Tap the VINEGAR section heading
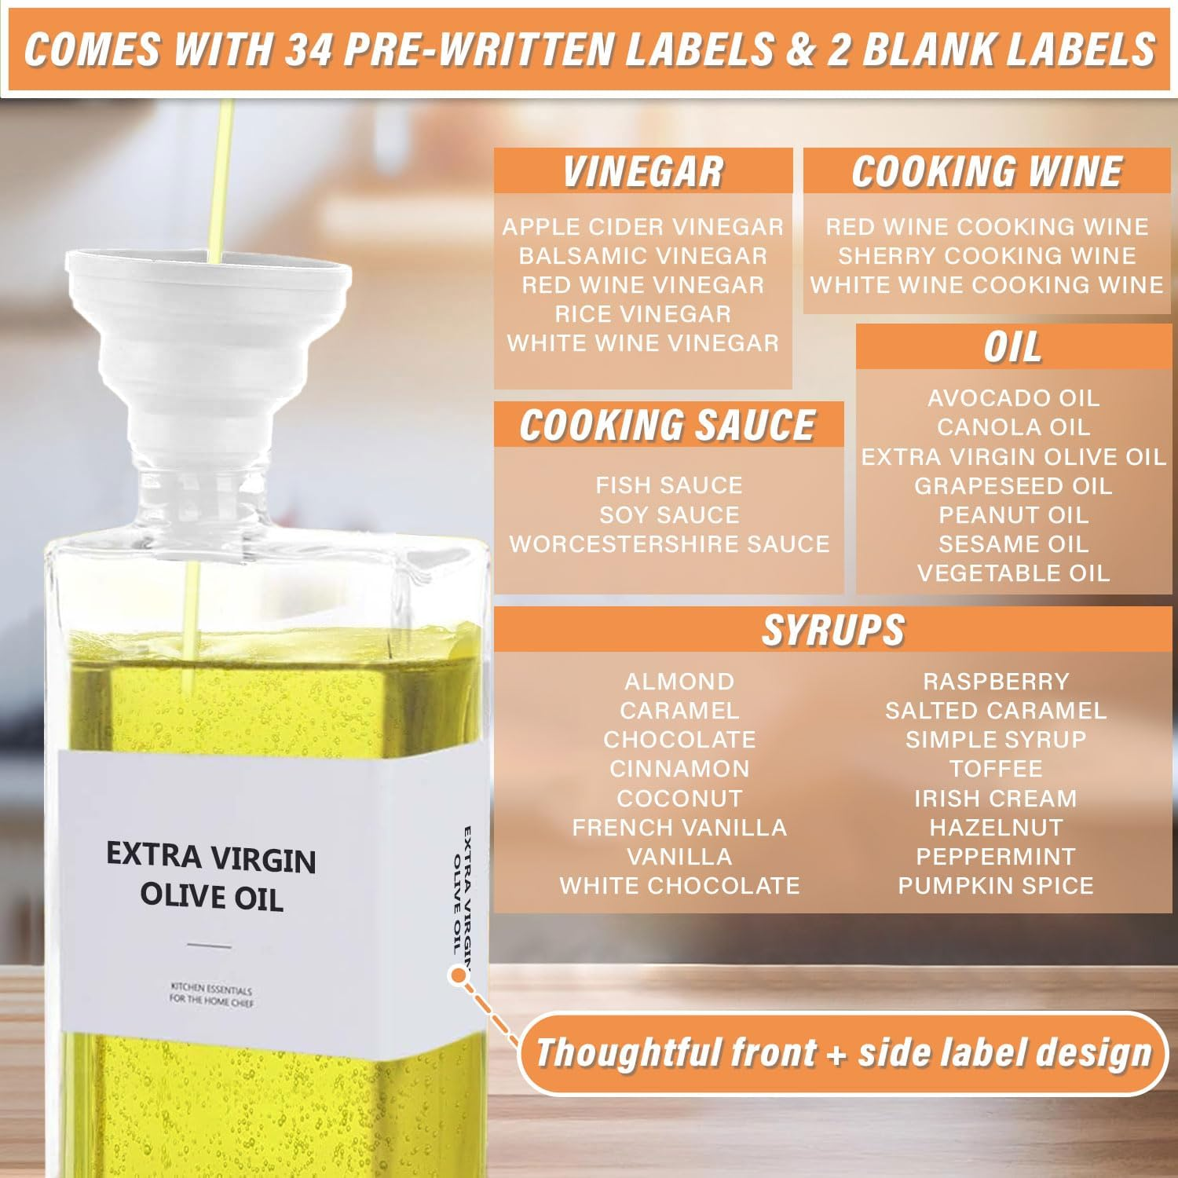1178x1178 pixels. (642, 172)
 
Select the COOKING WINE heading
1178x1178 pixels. (986, 172)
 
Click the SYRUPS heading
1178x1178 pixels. (832, 630)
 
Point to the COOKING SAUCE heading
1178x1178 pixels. (668, 426)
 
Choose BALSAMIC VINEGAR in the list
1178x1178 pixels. (642, 256)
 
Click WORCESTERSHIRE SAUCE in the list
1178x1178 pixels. (669, 544)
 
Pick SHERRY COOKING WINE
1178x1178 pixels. (986, 256)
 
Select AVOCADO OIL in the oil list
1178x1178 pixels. (1013, 398)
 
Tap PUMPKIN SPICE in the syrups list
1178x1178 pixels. (995, 886)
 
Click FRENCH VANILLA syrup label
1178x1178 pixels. (679, 828)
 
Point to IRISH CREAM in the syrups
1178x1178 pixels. (995, 799)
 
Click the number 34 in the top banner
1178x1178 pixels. (308, 49)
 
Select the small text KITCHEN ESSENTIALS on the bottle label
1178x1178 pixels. (210, 988)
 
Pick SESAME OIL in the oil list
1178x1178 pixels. (1013, 544)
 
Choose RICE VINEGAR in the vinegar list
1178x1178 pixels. (642, 314)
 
